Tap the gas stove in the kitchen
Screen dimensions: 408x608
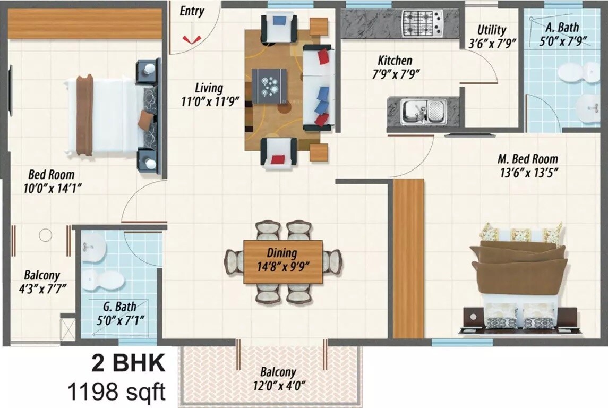pyautogui.click(x=423, y=24)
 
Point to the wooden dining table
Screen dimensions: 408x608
pyautogui.click(x=283, y=261)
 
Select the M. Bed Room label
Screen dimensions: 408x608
pyautogui.click(x=527, y=158)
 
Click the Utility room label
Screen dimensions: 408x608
pyautogui.click(x=491, y=30)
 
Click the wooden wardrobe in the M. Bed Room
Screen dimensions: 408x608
pyautogui.click(x=408, y=258)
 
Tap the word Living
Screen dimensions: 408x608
pyautogui.click(x=208, y=88)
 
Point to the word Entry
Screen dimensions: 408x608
pyautogui.click(x=192, y=11)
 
